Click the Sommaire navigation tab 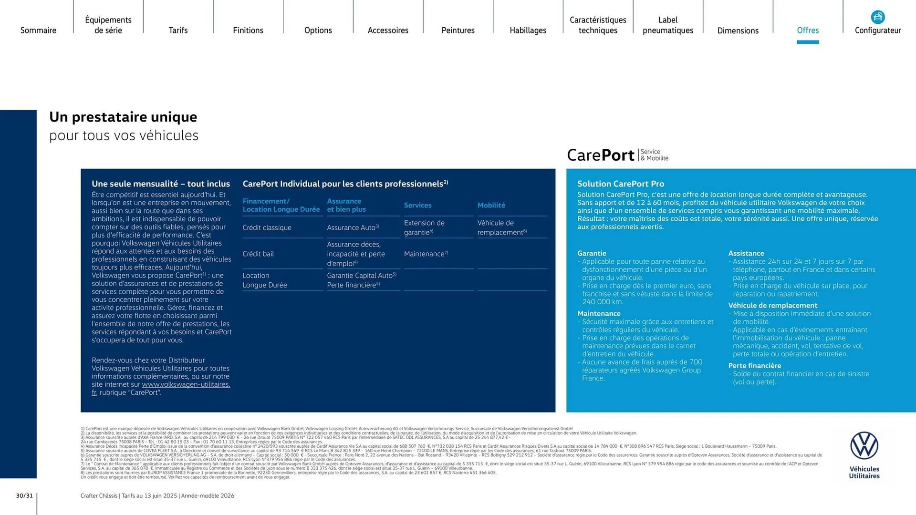click(38, 30)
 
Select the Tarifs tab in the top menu click(178, 30)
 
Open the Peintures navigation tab click(458, 30)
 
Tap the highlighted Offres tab click(808, 30)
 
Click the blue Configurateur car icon click(878, 17)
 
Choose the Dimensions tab click(738, 31)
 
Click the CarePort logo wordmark click(601, 155)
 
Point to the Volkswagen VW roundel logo click(864, 446)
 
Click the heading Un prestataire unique click(123, 117)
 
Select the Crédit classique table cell click(267, 227)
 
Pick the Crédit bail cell click(258, 254)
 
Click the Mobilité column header click(491, 205)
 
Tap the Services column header click(417, 205)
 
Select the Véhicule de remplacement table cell click(502, 227)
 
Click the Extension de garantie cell click(424, 227)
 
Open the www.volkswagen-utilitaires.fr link click(186, 384)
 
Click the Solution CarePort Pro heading click(621, 184)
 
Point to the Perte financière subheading click(754, 366)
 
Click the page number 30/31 click(24, 495)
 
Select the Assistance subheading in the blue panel click(746, 253)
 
